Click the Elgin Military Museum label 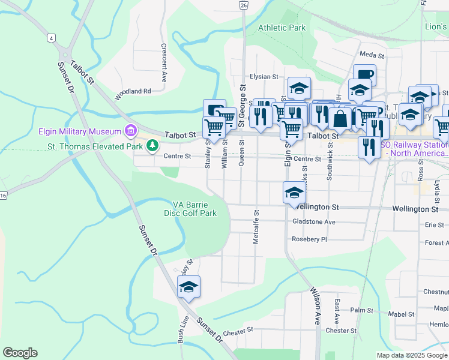[x=77, y=131]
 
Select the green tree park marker [x=153, y=145]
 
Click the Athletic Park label [x=282, y=28]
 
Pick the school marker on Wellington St [x=294, y=193]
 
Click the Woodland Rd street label [x=133, y=91]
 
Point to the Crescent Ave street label [x=163, y=62]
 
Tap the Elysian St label [x=264, y=77]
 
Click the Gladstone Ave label [x=313, y=221]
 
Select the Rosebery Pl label [x=309, y=239]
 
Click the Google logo [x=20, y=353]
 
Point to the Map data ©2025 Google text [x=411, y=355]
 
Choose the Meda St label [x=372, y=54]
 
